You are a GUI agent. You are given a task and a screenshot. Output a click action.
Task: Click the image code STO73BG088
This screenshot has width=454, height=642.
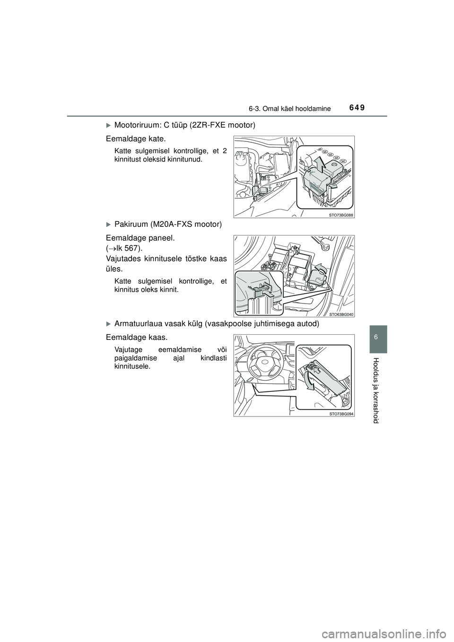tap(341, 214)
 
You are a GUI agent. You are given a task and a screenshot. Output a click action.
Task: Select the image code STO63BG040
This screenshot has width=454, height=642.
tap(341, 314)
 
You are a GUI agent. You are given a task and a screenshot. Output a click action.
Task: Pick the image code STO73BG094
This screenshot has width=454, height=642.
tap(341, 413)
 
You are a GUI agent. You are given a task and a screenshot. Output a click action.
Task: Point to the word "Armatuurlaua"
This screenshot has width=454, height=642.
tap(138, 324)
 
